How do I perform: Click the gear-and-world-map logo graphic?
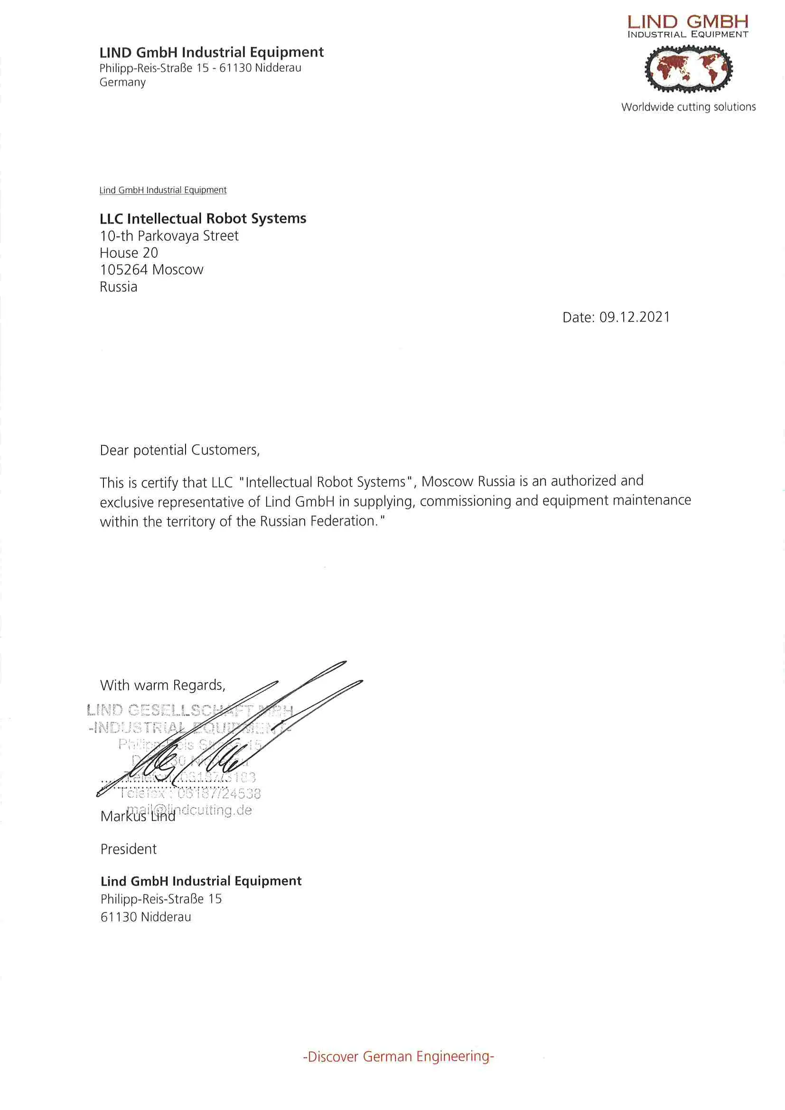(x=688, y=69)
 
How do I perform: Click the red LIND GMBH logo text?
(x=687, y=22)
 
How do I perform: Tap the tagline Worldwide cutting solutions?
(x=688, y=107)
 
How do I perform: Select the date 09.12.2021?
(x=634, y=317)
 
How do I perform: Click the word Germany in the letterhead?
(x=122, y=82)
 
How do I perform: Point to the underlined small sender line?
(x=163, y=190)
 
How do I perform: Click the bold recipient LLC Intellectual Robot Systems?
(x=203, y=218)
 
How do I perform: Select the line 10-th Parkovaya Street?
(x=168, y=236)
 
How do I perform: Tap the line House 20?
(x=129, y=253)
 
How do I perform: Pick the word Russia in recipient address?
(x=119, y=287)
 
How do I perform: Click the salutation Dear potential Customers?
(x=179, y=450)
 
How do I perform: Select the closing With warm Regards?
(x=162, y=685)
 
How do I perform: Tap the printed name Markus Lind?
(x=138, y=817)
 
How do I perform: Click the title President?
(x=128, y=849)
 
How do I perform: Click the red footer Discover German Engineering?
(x=398, y=1056)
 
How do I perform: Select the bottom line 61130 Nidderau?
(x=146, y=917)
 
